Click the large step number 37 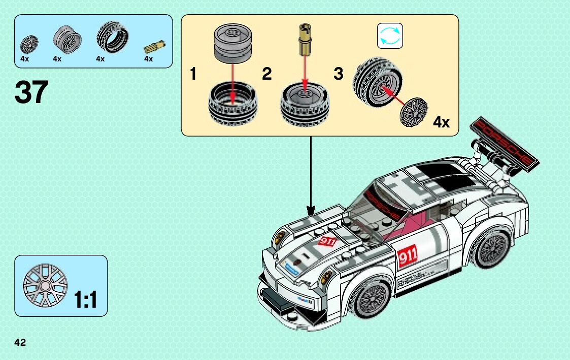(x=31, y=93)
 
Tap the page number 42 (x=20, y=342)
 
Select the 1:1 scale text (x=85, y=300)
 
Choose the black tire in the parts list (x=112, y=38)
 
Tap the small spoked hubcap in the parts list (x=28, y=44)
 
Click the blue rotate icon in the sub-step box (x=390, y=36)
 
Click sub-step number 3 (x=339, y=74)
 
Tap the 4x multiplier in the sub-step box (x=441, y=122)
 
